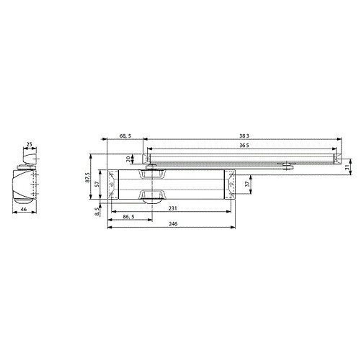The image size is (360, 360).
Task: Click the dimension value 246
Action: pos(174,224)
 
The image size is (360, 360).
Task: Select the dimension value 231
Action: pos(174,208)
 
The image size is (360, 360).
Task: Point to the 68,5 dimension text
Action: pos(125,136)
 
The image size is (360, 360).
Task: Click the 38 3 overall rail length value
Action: pos(244,136)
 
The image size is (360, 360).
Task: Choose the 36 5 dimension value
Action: pos(244,145)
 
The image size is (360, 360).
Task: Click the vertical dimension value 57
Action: pos(96,184)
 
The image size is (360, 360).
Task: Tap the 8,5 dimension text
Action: pos(96,211)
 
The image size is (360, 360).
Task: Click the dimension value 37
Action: pos(247,184)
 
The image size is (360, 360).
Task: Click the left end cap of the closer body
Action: pos(113,184)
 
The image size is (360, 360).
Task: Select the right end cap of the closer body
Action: pos(230,184)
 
